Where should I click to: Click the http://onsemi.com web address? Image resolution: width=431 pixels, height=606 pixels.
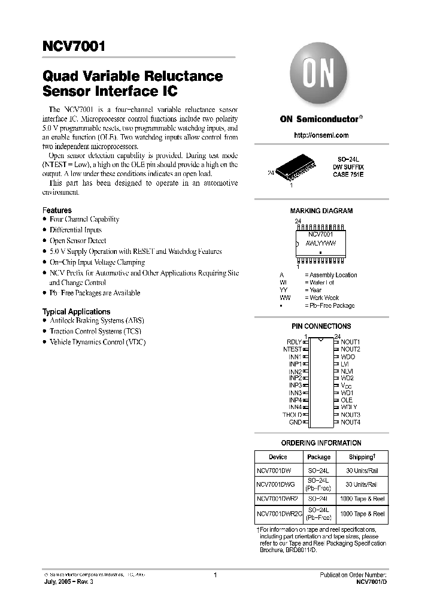(x=321, y=135)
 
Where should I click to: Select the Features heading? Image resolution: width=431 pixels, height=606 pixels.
(x=57, y=210)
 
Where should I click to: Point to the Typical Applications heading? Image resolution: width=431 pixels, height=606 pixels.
(x=76, y=311)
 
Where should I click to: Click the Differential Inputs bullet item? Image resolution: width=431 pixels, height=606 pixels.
(x=75, y=230)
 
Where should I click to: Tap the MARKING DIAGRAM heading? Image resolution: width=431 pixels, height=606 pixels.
(x=321, y=211)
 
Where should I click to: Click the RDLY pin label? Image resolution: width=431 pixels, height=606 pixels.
(x=295, y=341)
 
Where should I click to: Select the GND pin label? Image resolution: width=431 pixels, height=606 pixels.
(x=296, y=422)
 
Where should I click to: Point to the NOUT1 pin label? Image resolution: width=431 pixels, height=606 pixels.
(x=350, y=341)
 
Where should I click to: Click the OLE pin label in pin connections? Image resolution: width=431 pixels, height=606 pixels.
(x=347, y=400)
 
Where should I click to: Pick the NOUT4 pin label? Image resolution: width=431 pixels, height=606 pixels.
(x=350, y=422)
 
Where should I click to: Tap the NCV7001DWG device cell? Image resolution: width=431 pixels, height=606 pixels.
(x=277, y=484)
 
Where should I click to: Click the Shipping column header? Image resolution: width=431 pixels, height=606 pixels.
(x=361, y=457)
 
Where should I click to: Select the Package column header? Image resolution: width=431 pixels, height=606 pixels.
(x=318, y=457)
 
